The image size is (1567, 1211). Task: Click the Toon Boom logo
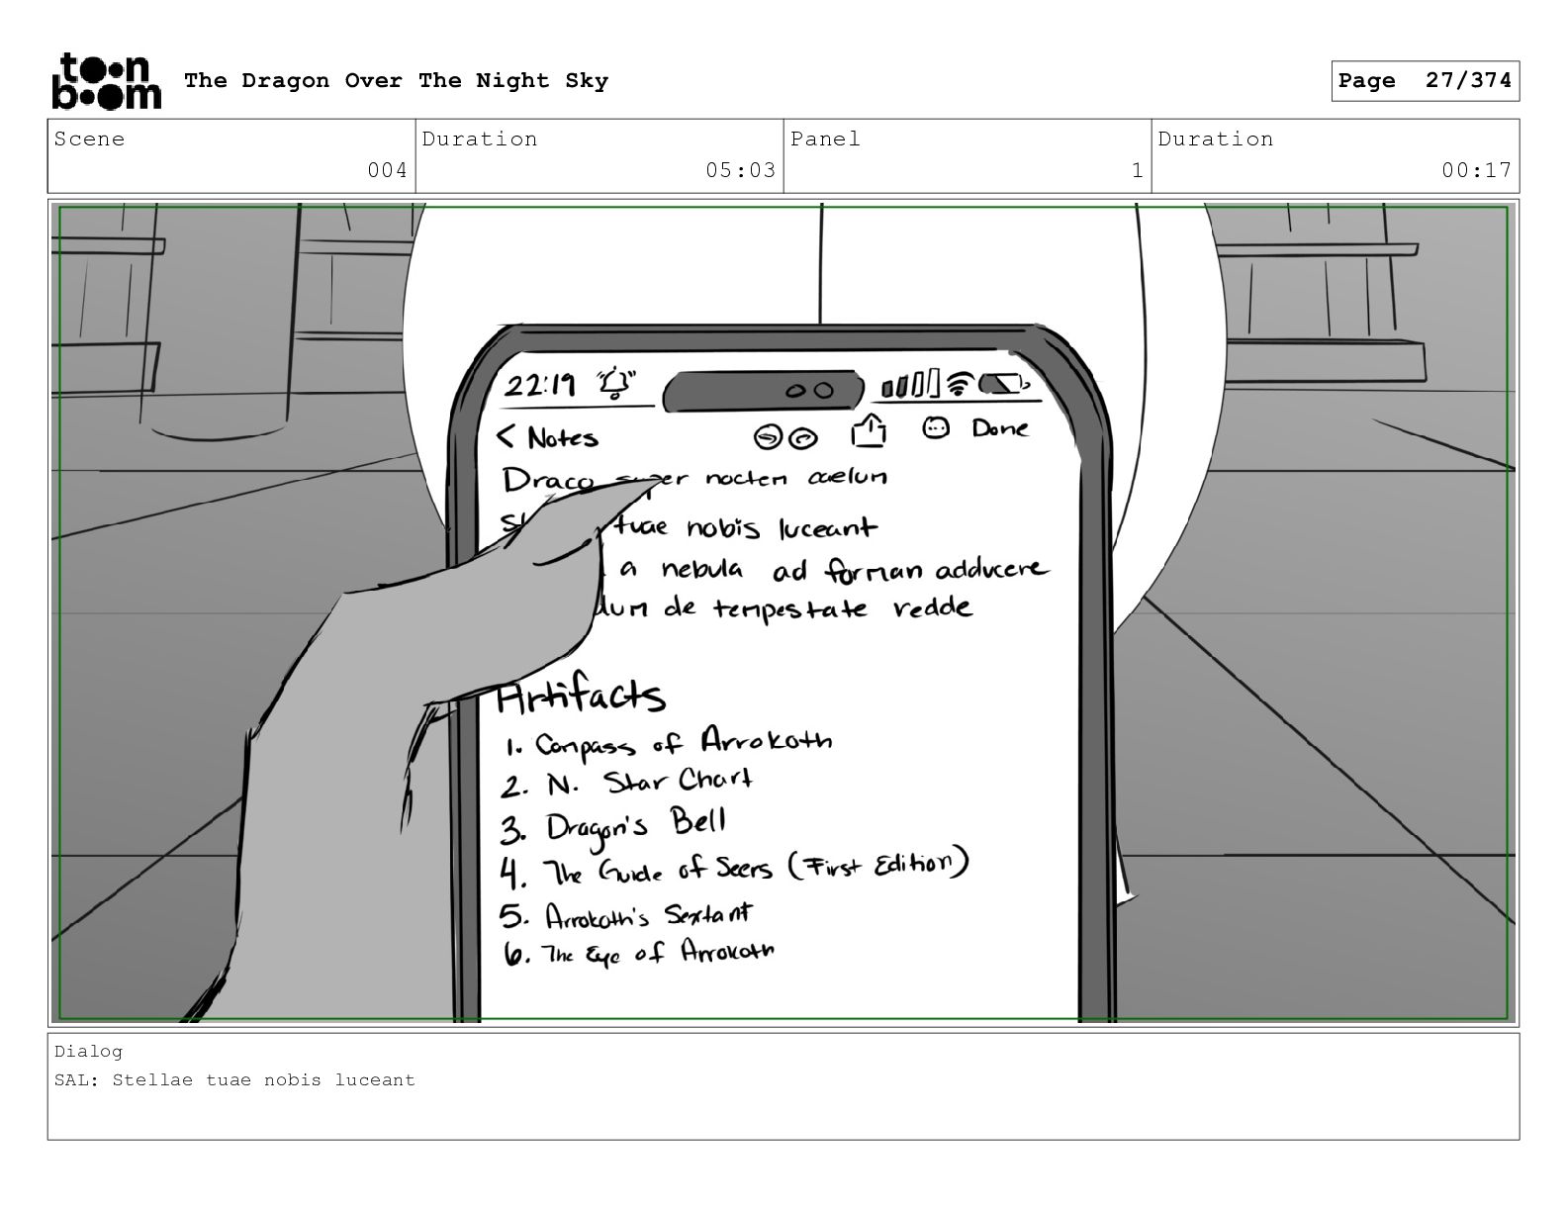pos(105,81)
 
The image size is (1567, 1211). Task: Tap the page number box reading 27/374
pos(1425,81)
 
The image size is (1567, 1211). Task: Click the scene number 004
pos(387,170)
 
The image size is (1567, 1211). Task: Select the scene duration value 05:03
pos(740,170)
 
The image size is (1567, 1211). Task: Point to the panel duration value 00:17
pos(1476,170)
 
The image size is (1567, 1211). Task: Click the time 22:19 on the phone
pos(540,384)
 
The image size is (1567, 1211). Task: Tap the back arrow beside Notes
pos(507,435)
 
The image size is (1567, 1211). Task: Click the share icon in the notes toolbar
pos(868,431)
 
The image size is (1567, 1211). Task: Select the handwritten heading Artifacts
pos(581,697)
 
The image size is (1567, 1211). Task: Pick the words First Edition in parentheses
pos(878,865)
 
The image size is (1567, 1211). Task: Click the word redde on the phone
pos(932,607)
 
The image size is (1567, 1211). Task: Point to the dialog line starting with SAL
pos(235,1080)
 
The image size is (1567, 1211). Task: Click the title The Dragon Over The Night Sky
pos(396,81)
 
